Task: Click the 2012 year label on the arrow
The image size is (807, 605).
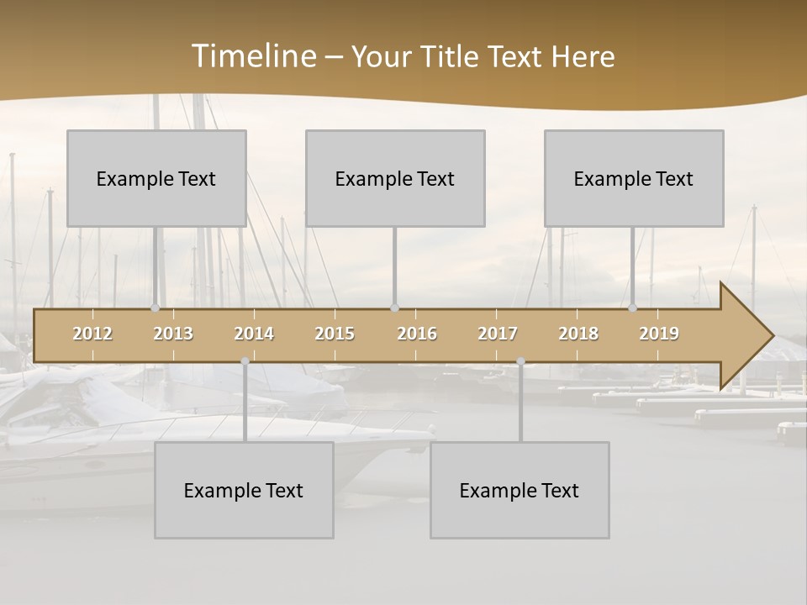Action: coord(92,334)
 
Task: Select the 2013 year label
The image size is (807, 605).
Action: coord(173,334)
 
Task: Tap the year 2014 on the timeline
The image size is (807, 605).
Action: coord(254,334)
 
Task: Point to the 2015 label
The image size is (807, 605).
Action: coord(335,334)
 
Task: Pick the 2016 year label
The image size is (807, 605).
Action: coord(417,334)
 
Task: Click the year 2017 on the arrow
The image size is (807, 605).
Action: coord(498,334)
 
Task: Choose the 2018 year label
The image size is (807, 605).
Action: coord(578,334)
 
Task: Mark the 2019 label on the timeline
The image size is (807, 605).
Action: coord(659,334)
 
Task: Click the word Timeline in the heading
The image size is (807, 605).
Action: coord(253,56)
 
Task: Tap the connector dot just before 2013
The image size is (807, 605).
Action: coord(155,308)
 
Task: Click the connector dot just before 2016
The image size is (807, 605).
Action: coord(394,308)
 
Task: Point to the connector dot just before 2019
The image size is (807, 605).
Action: coord(633,308)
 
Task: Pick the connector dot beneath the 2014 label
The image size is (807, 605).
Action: coord(245,361)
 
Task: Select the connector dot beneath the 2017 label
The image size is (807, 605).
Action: coord(520,361)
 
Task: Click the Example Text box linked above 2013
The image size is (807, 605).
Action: coord(156,178)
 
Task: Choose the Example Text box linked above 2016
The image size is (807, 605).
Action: coord(395,178)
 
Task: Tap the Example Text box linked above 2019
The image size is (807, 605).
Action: coord(634,178)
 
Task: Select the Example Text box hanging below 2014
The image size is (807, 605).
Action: coord(244,490)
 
